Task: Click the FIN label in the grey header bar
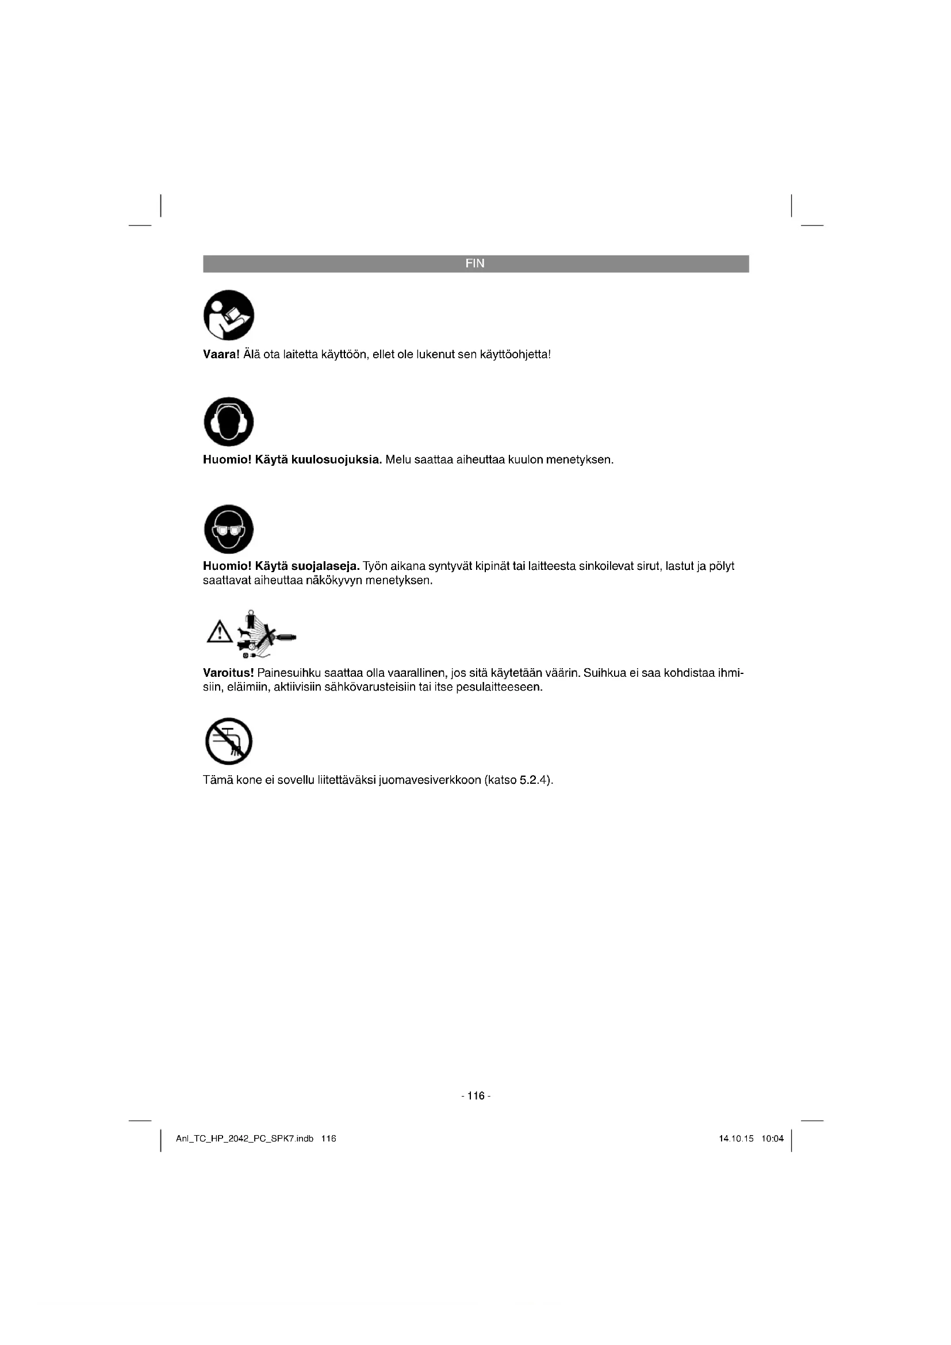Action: [x=475, y=263]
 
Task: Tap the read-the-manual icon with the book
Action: [x=228, y=315]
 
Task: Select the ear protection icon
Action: [x=228, y=421]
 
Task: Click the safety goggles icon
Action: [x=228, y=529]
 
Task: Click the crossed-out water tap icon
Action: [x=228, y=741]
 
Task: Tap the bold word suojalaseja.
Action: [x=325, y=566]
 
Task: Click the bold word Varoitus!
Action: [x=228, y=673]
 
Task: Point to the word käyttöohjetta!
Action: [x=515, y=354]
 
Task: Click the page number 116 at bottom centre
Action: [x=476, y=1096]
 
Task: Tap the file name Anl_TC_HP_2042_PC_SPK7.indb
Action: [x=245, y=1139]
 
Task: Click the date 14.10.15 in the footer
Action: [x=735, y=1139]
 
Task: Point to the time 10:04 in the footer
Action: [x=772, y=1139]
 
